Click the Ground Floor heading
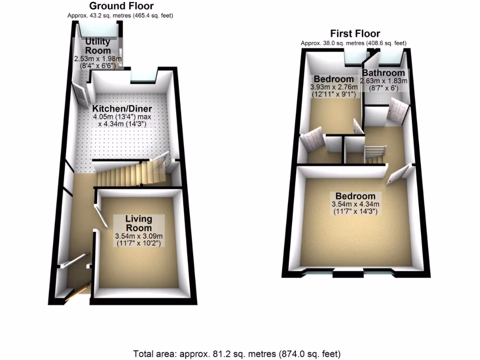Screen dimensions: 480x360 pos(121,6)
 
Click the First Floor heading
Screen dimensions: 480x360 pos(355,33)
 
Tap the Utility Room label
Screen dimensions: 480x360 pos(97,46)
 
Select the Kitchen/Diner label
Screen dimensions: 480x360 pos(122,109)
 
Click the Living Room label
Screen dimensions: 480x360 pos(139,224)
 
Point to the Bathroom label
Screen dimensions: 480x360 pos(383,73)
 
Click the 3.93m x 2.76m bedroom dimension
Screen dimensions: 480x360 pos(334,87)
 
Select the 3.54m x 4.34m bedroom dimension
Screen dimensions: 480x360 pos(355,204)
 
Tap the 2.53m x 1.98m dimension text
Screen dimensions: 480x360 pos(97,59)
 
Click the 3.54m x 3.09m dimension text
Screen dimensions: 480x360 pos(139,236)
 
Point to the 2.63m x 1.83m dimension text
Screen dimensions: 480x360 pos(383,81)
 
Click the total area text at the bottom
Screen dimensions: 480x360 pos(237,354)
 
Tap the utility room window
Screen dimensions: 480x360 pos(98,30)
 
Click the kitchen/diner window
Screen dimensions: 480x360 pos(143,75)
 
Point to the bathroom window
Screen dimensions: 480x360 pos(390,58)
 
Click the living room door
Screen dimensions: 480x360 pos(101,216)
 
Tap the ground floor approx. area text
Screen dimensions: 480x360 pos(120,15)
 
